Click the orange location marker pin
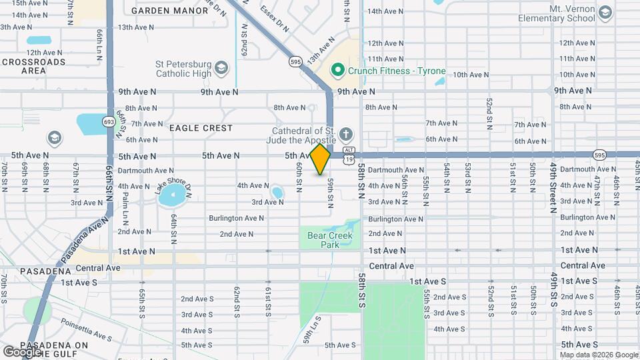coord(320,159)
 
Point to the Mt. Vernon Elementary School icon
coord(605,13)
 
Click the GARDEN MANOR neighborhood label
coord(161,11)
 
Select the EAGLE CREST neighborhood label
coord(201,127)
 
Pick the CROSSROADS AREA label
coord(33,66)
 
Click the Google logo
coord(22,351)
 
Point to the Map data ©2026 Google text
coord(599,355)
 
